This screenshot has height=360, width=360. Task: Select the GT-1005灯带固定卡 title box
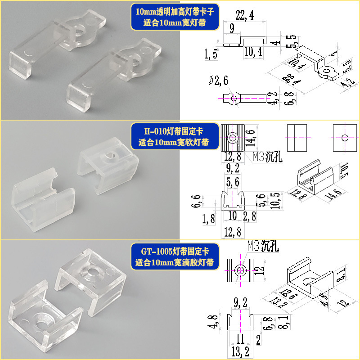click(173, 256)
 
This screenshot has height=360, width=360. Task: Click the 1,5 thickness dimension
click(210, 55)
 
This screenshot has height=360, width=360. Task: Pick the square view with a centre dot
click(345, 137)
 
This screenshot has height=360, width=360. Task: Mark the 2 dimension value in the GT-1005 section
click(258, 338)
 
